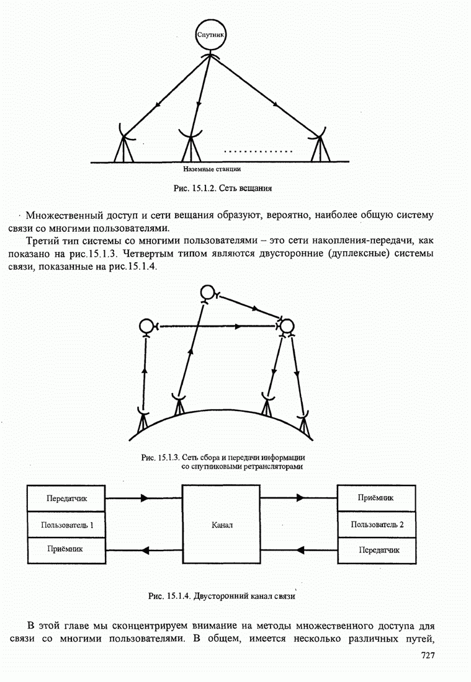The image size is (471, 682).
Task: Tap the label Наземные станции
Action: [212, 168]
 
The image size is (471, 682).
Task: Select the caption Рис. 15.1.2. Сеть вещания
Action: [223, 187]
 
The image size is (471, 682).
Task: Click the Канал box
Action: [221, 525]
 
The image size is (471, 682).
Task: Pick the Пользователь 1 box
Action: [66, 525]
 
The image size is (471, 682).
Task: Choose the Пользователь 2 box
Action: [377, 525]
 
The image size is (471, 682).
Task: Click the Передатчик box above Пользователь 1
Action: [66, 498]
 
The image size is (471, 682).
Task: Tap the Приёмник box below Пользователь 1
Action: [66, 549]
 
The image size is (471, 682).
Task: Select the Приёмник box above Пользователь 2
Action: [377, 497]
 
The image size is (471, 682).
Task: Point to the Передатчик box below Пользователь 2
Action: [377, 550]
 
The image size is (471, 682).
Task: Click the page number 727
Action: [428, 655]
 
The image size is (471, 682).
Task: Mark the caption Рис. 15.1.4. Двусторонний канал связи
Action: [221, 596]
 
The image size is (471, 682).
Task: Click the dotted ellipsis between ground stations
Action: [258, 151]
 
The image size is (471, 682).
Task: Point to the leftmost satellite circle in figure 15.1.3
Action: [146, 325]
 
